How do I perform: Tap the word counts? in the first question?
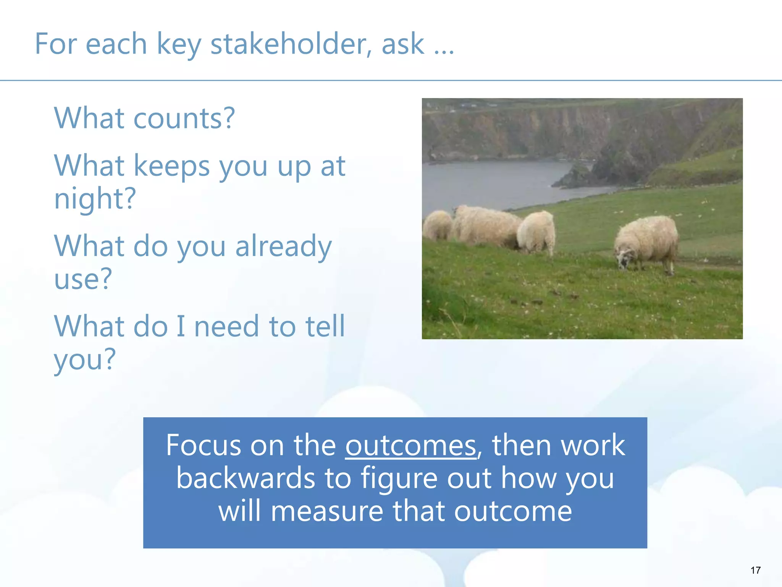point(184,118)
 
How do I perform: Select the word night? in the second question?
point(95,199)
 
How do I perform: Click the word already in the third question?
point(283,246)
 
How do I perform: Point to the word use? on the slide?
point(83,279)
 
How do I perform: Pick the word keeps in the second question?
point(172,166)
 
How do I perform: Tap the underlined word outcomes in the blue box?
point(411,446)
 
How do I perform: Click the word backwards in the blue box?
point(246,478)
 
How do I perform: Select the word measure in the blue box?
point(327,511)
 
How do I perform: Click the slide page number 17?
point(755,570)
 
